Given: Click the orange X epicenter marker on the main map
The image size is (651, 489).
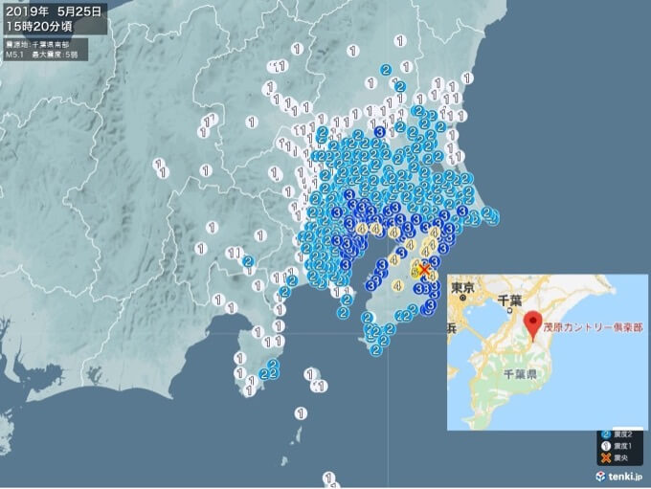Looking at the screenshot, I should (423, 270).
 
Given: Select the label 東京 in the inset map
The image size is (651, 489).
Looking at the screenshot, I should (463, 287).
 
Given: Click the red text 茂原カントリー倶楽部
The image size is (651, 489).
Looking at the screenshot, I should (593, 325).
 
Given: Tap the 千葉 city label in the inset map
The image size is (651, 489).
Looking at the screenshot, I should (507, 300).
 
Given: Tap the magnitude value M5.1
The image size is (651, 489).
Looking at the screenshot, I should (14, 55).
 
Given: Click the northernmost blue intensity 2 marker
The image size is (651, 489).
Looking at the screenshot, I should (386, 69).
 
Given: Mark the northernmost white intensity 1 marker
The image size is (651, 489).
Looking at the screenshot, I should (399, 40).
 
